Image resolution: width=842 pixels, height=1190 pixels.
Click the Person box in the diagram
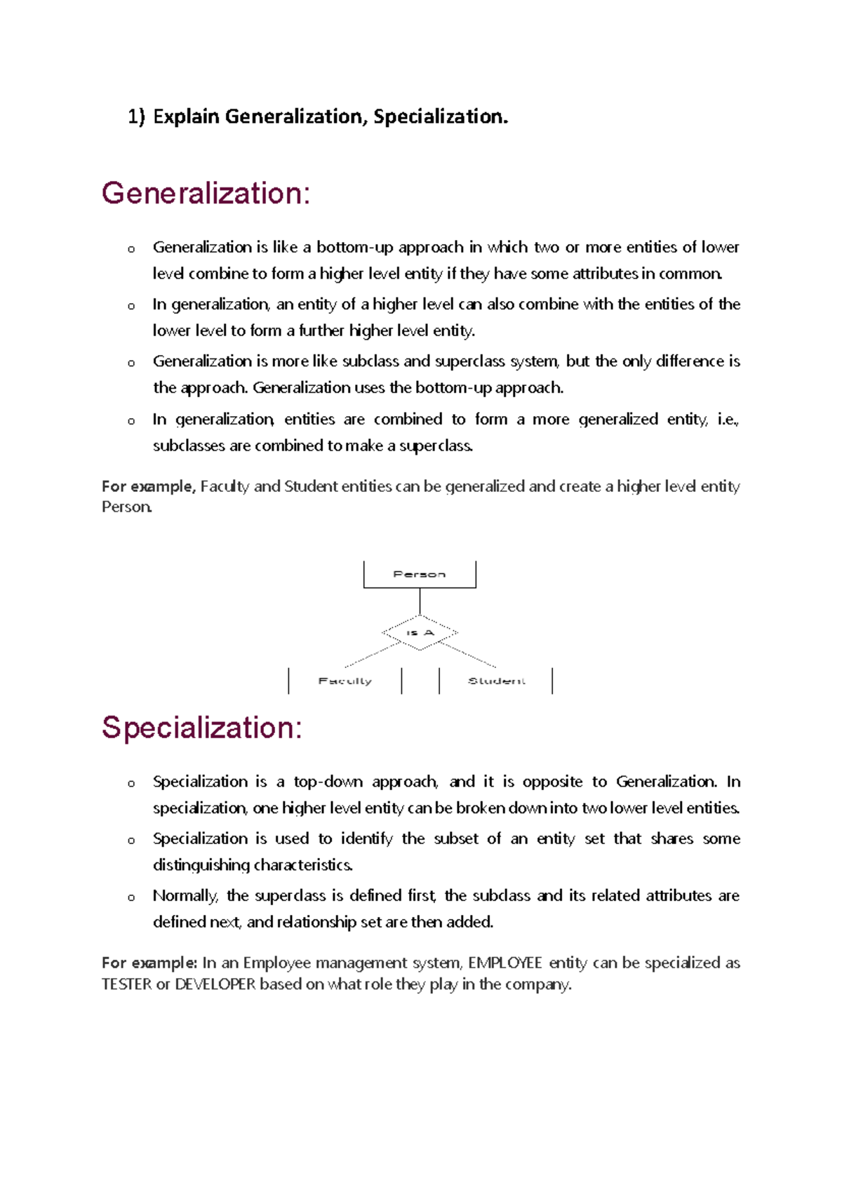tap(420, 574)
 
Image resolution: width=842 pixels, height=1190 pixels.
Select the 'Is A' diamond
tap(420, 633)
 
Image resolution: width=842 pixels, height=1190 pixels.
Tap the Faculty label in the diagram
tap(345, 681)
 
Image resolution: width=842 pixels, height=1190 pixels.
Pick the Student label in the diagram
tap(496, 681)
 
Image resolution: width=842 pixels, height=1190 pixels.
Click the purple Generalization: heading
tap(206, 194)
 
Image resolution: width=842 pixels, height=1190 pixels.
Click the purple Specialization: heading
tap(202, 728)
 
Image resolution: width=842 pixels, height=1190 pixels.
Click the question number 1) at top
tap(136, 116)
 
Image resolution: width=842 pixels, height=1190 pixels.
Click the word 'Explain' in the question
tap(186, 116)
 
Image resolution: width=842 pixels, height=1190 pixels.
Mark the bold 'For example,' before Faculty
tap(148, 486)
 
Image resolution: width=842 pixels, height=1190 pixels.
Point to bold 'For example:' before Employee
tap(149, 963)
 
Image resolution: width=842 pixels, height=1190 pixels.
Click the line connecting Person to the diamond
tap(420, 601)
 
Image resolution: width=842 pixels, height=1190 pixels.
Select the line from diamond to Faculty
tap(372, 655)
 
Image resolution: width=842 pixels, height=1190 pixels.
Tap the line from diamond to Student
tap(468, 655)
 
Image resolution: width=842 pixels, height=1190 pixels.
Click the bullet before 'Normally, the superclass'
tap(131, 897)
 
